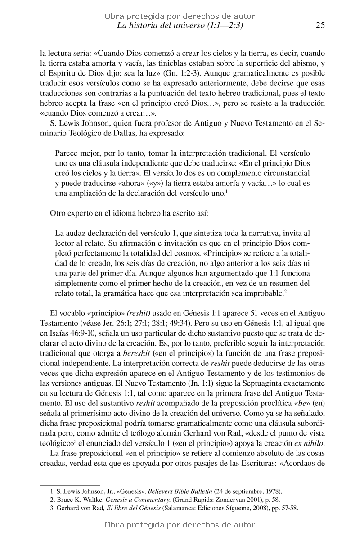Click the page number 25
(x=320, y=26)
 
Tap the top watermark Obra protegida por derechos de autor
(x=180, y=16)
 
